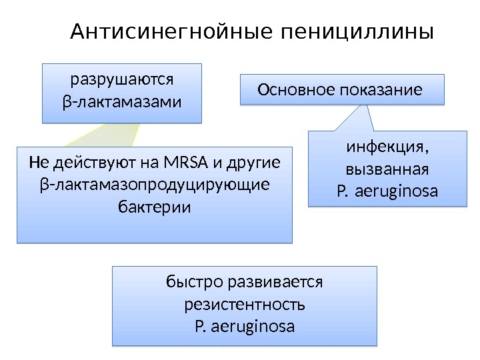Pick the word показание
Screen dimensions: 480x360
pos(380,89)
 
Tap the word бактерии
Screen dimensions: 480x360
pos(154,207)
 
